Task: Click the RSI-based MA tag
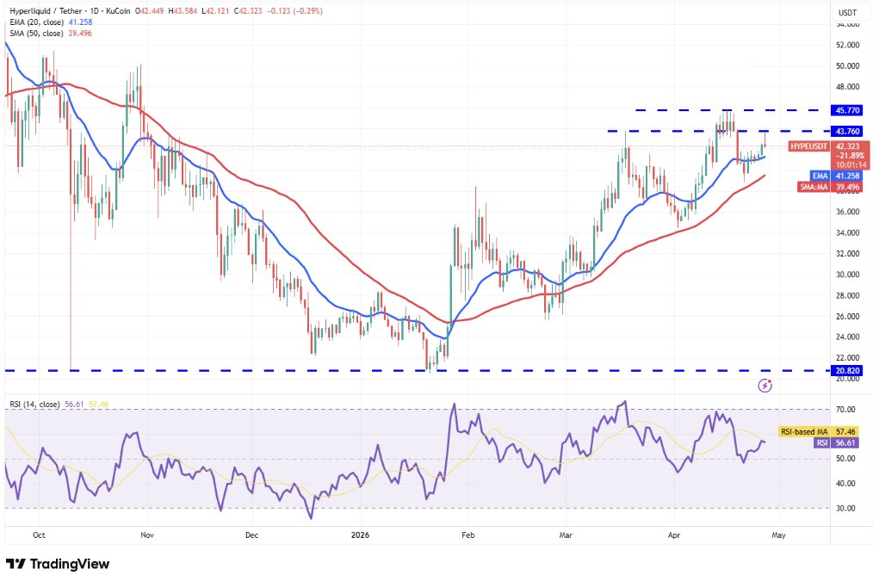[803, 430]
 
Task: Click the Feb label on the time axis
[467, 534]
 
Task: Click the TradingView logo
[59, 563]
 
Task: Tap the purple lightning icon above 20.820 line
[765, 385]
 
